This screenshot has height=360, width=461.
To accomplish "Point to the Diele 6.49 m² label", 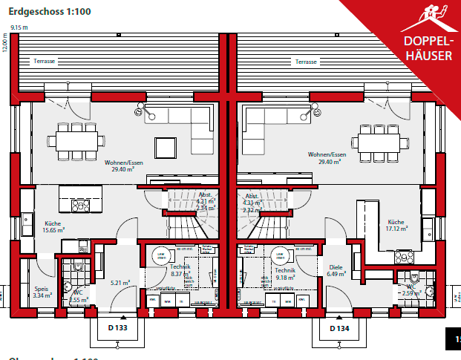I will (x=336, y=270).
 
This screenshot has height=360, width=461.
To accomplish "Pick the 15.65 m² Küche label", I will (x=52, y=226).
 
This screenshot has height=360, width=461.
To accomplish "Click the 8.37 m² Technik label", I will (x=180, y=270).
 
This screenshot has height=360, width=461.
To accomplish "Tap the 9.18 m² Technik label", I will (x=285, y=274).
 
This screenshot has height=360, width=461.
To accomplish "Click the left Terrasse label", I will (x=44, y=62).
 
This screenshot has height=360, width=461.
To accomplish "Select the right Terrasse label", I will (x=306, y=62).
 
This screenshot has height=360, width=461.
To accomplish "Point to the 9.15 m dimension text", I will (x=19, y=27).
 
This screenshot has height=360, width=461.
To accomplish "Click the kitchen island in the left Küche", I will (x=88, y=203).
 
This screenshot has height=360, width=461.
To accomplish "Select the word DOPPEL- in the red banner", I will (x=425, y=41).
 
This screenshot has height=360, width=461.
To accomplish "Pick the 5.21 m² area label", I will (x=120, y=283).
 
